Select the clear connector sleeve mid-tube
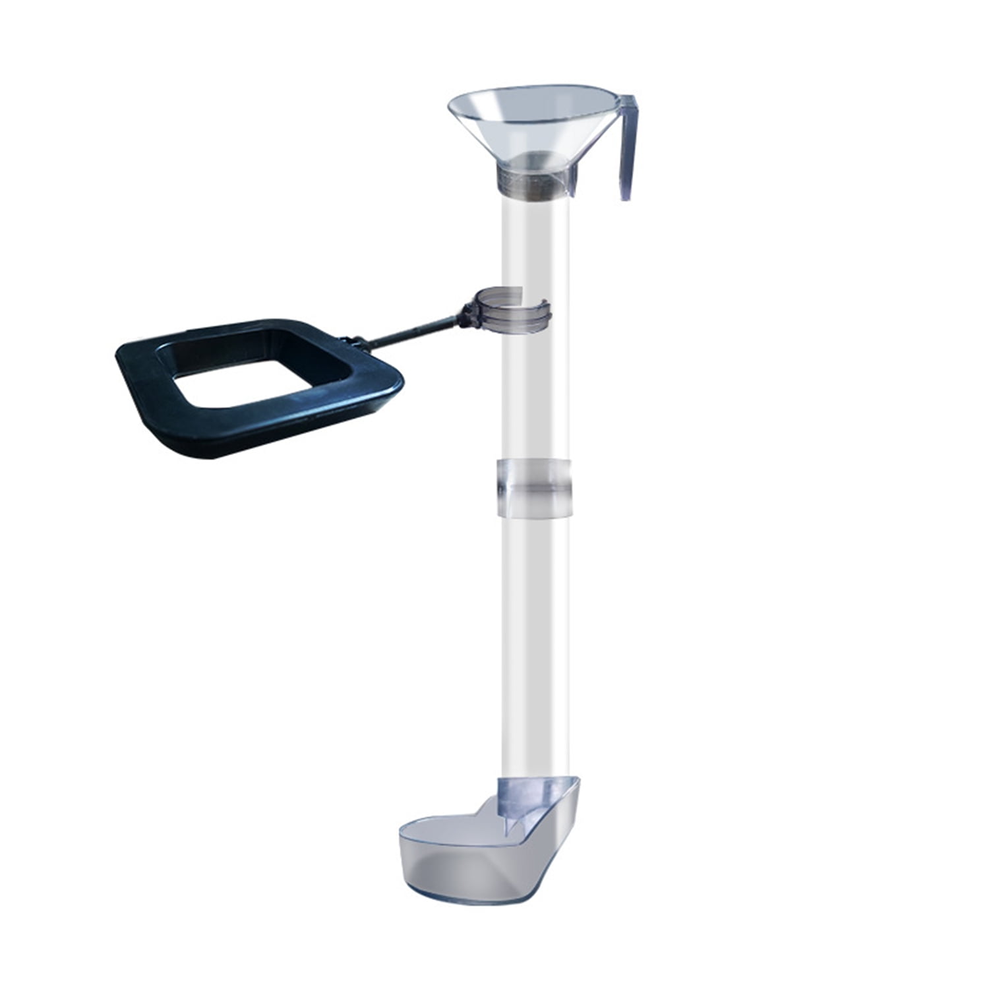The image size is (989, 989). (533, 487)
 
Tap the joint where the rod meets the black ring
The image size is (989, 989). (356, 343)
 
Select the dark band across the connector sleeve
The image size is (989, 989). (533, 490)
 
